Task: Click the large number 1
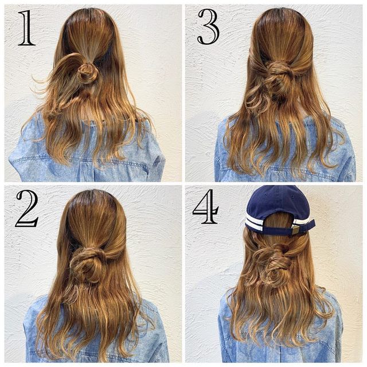click(x=26, y=28)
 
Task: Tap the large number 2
click(x=27, y=208)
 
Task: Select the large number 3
click(x=208, y=26)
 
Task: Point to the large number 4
click(x=205, y=206)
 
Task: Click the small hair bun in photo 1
click(x=87, y=73)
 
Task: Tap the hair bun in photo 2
click(x=88, y=263)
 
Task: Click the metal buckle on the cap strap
click(x=295, y=231)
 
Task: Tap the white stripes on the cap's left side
click(x=253, y=223)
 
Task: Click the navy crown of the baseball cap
click(x=279, y=200)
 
